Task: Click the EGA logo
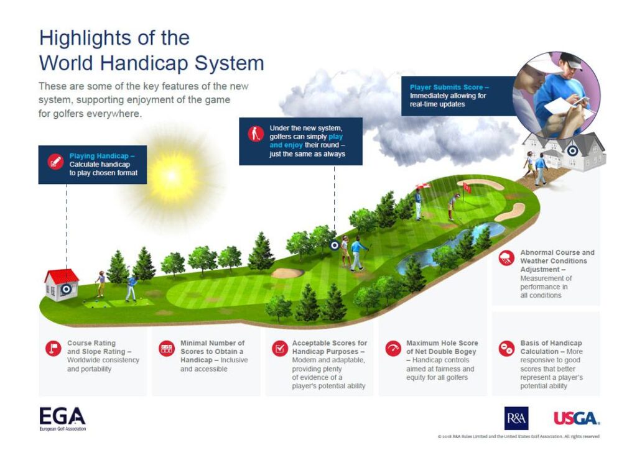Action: click(62, 418)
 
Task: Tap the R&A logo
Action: click(516, 418)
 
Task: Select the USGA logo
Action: click(577, 418)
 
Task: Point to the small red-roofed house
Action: click(62, 285)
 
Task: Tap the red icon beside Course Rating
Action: click(53, 348)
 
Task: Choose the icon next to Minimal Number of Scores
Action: click(166, 348)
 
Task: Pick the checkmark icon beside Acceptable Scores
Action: click(279, 348)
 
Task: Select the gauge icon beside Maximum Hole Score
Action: click(393, 348)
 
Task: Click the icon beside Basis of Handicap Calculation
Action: click(506, 348)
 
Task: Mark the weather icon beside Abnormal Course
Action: click(506, 257)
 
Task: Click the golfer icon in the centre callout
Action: click(255, 134)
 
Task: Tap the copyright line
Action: click(518, 436)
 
